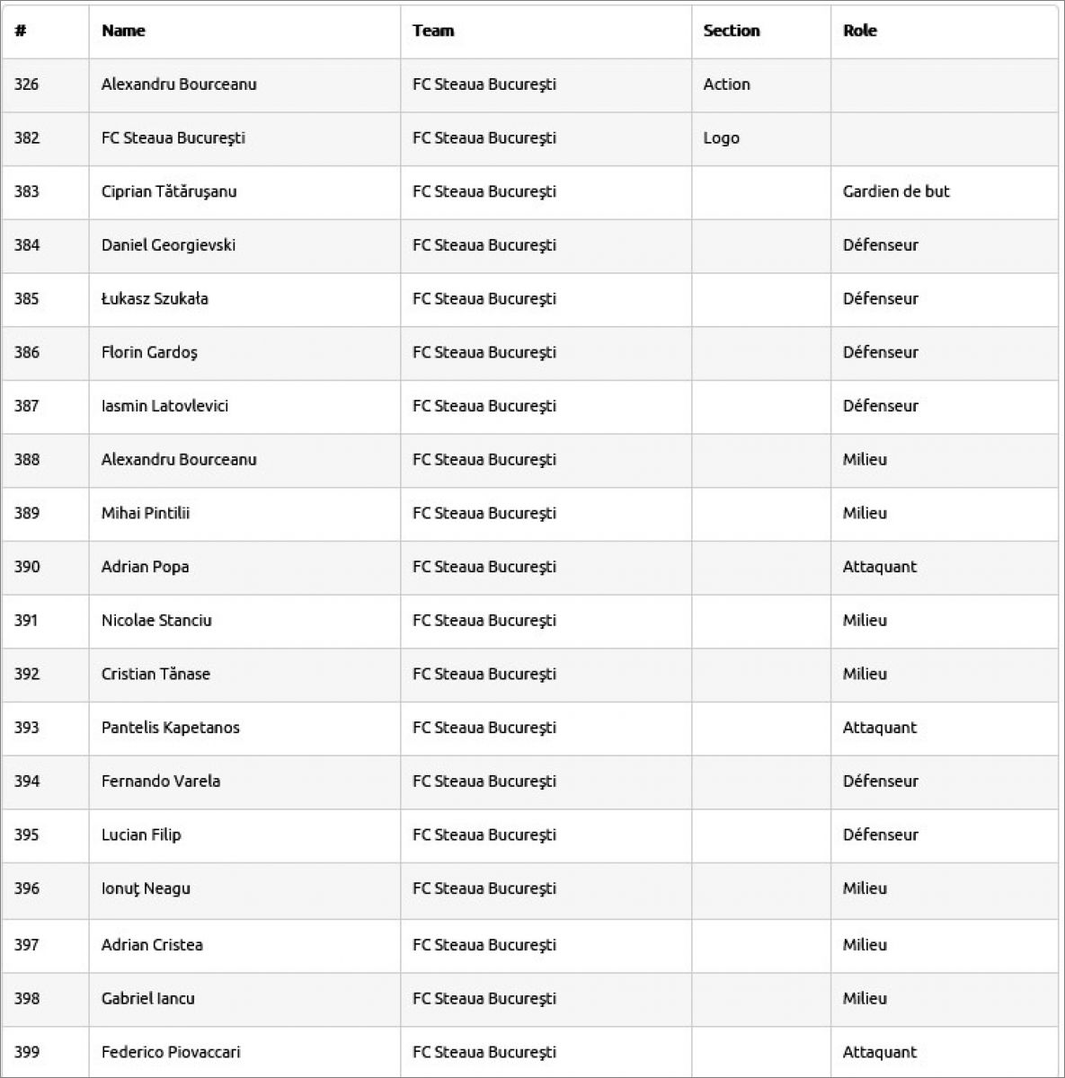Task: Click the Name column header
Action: [x=123, y=31]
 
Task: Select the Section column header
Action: [x=731, y=31]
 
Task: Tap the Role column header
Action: [x=859, y=31]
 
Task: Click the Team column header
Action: [x=433, y=31]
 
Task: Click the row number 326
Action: [x=27, y=84]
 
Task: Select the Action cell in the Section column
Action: [x=726, y=84]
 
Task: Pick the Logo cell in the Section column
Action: [x=721, y=138]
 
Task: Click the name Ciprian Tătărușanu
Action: [x=169, y=191]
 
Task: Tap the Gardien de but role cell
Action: [x=895, y=191]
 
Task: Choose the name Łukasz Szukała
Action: [x=155, y=299]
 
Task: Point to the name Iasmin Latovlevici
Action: [x=164, y=406]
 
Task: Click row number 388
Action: [x=27, y=460]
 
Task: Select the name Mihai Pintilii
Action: [x=146, y=513]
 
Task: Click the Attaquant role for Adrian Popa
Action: [x=879, y=567]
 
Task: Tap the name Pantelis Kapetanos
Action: [x=171, y=728]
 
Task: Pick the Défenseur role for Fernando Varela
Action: [x=880, y=782]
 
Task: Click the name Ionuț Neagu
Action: [x=146, y=888]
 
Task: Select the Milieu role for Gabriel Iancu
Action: [x=865, y=998]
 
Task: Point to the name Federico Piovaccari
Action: [x=171, y=1052]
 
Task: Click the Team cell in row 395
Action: [x=484, y=835]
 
